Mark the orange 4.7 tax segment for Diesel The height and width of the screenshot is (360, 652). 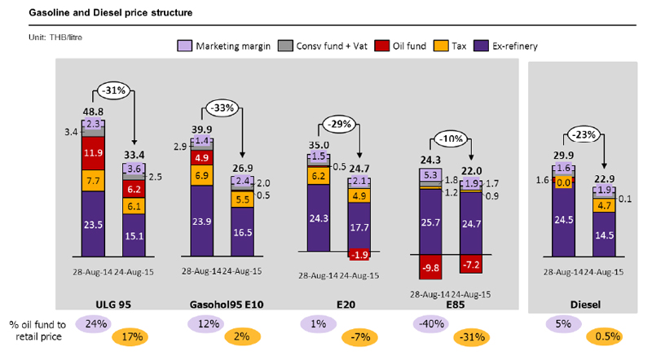point(605,206)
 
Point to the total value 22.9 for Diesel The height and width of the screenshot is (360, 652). point(605,178)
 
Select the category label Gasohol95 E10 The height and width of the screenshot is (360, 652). point(224,305)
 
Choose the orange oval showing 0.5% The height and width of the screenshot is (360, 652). point(605,337)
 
